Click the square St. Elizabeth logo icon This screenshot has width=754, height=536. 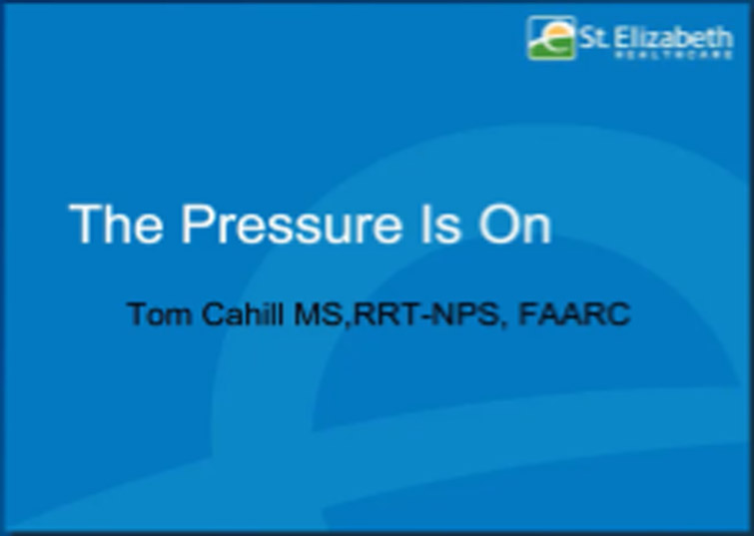point(551,38)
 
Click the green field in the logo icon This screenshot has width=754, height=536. point(546,48)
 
